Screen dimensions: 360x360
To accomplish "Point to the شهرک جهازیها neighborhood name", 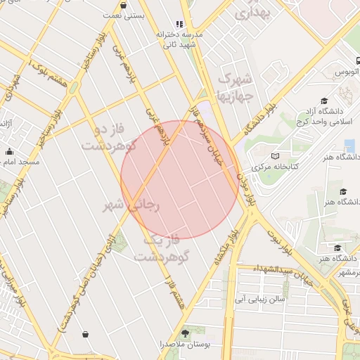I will click(235, 86).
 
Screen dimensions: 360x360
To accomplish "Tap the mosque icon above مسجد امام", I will click(9, 152).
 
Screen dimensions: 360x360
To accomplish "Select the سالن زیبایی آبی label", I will click(260, 299).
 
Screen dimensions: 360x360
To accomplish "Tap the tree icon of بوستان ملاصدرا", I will click(186, 333).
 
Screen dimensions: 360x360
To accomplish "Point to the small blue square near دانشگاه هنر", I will click(349, 146).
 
